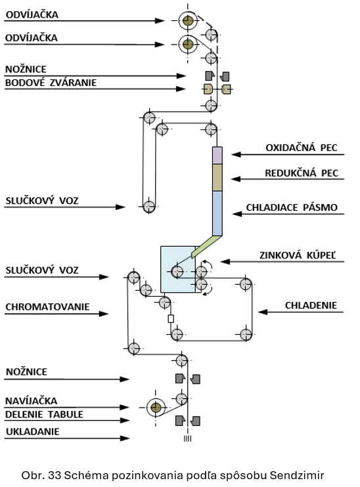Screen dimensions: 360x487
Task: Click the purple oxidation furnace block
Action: pos(217,156)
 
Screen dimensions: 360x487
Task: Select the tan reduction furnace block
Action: pos(217,178)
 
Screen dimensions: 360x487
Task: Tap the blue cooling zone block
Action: pos(217,213)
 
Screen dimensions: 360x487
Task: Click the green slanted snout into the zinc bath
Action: pos(206,247)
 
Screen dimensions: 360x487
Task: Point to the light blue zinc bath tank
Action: pos(178,269)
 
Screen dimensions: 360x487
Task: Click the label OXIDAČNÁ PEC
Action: pos(302,148)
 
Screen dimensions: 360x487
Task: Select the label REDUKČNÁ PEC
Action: pos(302,173)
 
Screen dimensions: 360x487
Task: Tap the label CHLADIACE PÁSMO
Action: pos(292,207)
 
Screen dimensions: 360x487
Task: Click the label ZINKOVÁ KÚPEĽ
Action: pos(298,255)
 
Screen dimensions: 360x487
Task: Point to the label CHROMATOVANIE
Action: pos(47,307)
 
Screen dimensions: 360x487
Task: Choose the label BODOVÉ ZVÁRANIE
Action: pos(51,83)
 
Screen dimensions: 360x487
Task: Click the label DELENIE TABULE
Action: pos(44,414)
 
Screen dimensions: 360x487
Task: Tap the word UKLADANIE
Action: pos(33,431)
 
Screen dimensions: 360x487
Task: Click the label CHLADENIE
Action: pos(311,305)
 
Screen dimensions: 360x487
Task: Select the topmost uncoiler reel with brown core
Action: pos(188,21)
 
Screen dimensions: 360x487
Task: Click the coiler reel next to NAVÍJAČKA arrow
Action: pos(156,407)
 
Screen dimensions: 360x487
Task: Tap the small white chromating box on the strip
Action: pos(171,319)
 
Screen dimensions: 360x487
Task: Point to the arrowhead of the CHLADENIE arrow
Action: pos(262,312)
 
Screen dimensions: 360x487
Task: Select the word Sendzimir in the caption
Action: pos(297,475)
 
